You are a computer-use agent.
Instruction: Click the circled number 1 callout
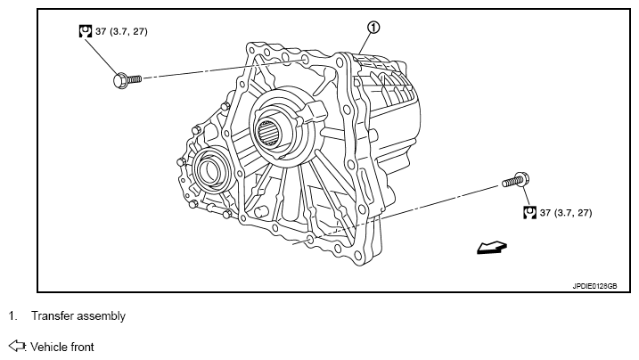(x=373, y=28)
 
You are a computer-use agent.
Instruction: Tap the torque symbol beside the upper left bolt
(x=86, y=30)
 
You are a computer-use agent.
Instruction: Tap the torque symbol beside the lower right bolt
(x=529, y=212)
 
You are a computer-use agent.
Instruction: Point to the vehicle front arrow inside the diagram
(x=490, y=249)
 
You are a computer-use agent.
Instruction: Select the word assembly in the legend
(x=102, y=316)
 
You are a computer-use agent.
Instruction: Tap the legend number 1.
(x=12, y=316)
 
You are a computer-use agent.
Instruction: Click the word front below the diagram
(x=82, y=346)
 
